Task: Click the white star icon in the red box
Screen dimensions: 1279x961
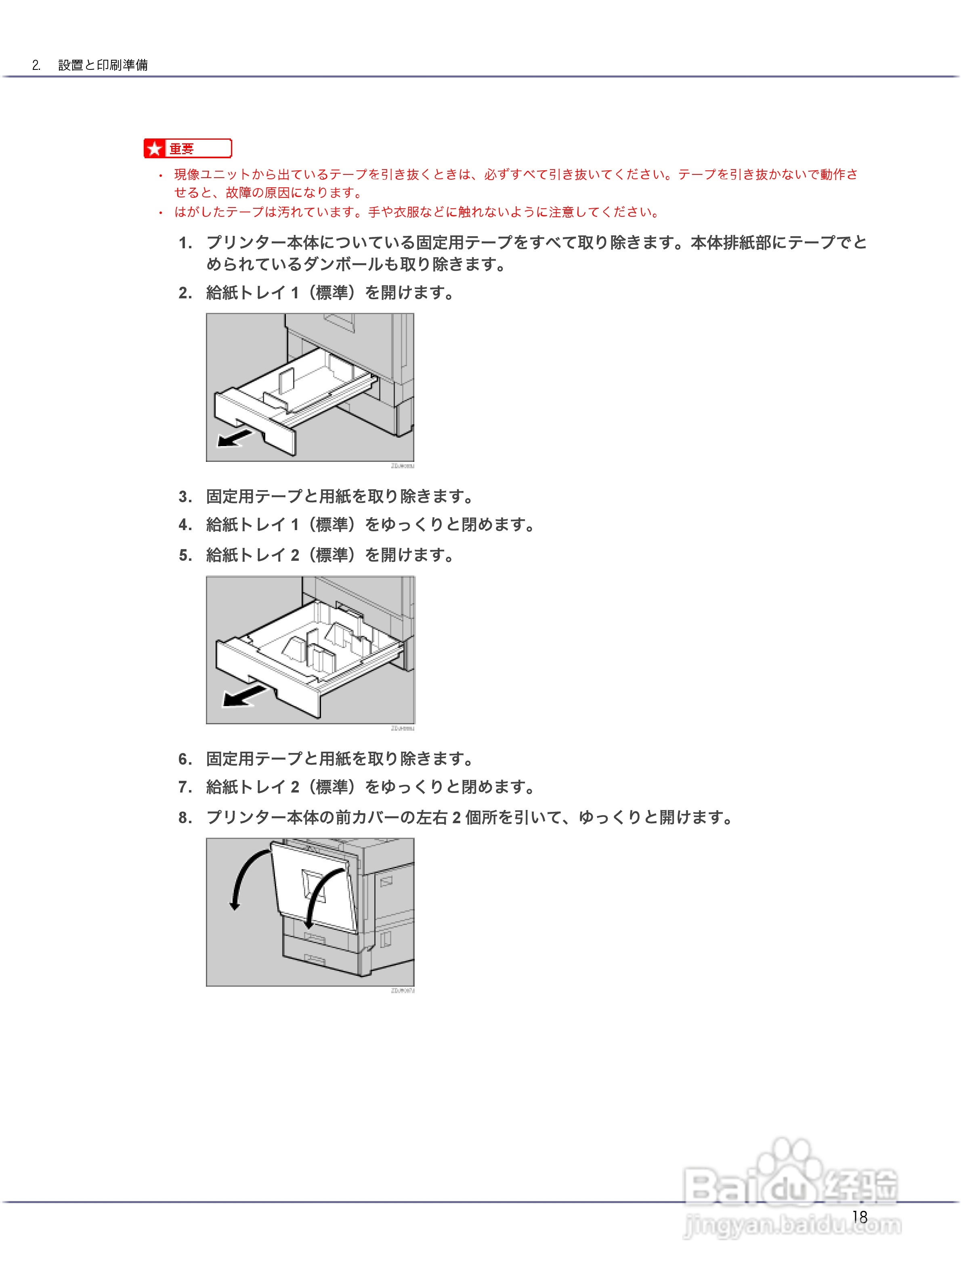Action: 154,149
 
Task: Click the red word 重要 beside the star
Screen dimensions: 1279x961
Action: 182,149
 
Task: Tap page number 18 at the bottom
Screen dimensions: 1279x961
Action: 859,1216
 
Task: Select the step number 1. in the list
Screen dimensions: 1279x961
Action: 185,243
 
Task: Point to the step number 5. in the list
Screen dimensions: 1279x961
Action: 185,555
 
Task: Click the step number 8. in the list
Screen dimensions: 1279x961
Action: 185,818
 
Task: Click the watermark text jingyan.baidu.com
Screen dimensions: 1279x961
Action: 792,1224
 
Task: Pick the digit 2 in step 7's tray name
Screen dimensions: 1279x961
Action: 295,787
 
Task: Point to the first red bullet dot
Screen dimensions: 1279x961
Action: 161,175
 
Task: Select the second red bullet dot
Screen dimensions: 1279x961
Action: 161,213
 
